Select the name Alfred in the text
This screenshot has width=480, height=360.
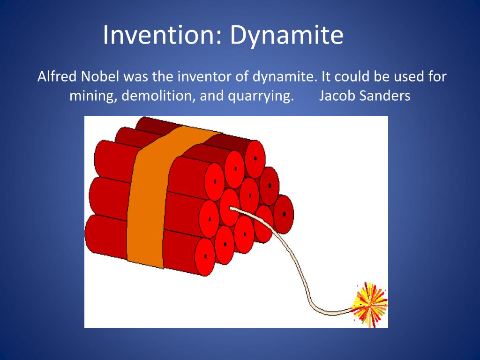coord(57,76)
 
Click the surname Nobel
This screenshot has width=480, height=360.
coord(100,76)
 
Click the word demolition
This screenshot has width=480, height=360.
coord(158,96)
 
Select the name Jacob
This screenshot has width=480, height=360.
coord(337,96)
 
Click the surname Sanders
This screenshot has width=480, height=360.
coord(385,96)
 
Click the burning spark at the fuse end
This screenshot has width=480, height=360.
coord(370,304)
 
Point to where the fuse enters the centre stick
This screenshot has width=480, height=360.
coord(232,209)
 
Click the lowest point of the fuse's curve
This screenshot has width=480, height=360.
coord(332,313)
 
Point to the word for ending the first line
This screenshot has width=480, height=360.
coord(438,76)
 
